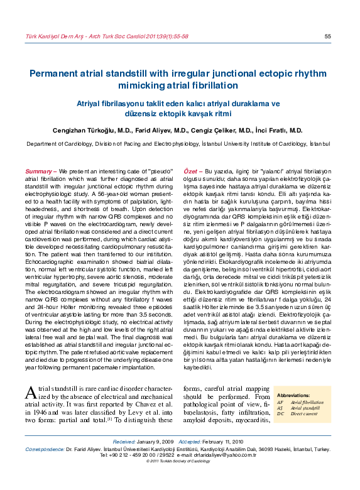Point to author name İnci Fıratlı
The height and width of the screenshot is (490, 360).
[280, 131]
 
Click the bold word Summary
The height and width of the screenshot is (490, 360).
[38, 171]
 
